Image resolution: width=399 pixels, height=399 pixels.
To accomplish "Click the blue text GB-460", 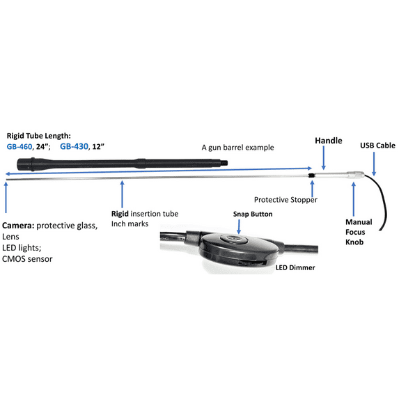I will click(22, 147).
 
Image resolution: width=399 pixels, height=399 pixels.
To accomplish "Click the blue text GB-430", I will click(75, 147).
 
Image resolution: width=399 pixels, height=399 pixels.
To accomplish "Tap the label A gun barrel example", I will click(237, 147).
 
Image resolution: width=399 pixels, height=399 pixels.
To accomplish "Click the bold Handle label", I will click(329, 141).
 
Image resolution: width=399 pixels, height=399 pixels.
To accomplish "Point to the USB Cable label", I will click(377, 146).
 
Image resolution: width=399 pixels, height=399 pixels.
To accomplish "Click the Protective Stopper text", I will click(285, 199).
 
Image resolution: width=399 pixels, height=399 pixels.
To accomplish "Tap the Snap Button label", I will click(251, 214).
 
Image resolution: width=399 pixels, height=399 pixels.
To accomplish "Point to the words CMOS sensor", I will click(27, 259).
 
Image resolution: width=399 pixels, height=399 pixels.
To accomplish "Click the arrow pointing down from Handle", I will click(322, 160).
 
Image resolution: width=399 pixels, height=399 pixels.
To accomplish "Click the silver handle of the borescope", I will click(334, 178).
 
